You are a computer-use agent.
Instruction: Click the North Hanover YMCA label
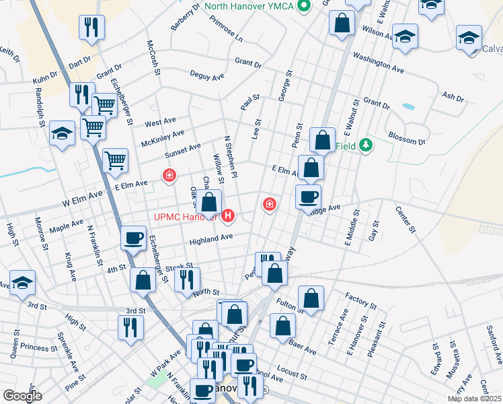(x=250, y=6)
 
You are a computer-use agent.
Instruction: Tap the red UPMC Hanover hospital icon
(x=229, y=215)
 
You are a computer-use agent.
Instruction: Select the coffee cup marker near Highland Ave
(x=133, y=238)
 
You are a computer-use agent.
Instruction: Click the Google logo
(x=22, y=396)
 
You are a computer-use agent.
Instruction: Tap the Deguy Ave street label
(x=206, y=76)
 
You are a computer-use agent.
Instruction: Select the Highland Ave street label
(x=210, y=237)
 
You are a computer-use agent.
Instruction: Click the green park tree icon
(x=365, y=145)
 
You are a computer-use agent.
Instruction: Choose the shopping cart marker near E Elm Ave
(x=116, y=160)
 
